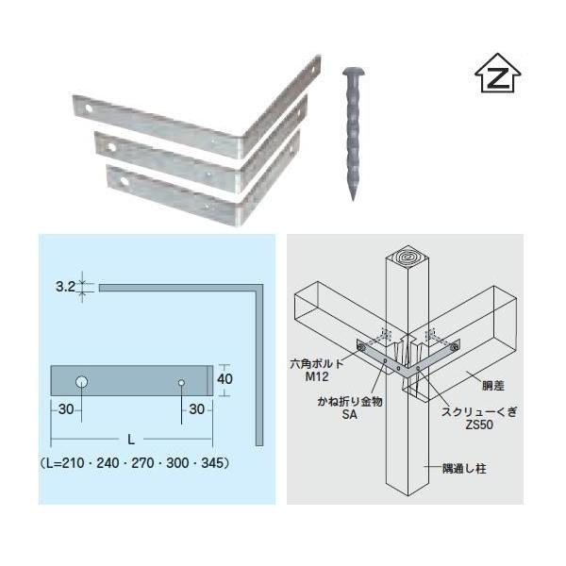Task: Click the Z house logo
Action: pyautogui.click(x=497, y=73)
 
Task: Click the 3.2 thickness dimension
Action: pyautogui.click(x=65, y=287)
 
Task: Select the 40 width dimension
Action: pyautogui.click(x=225, y=379)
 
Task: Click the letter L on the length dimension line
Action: pyautogui.click(x=131, y=440)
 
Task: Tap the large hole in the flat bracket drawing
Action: pyautogui.click(x=82, y=381)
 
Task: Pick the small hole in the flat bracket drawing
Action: pyautogui.click(x=181, y=383)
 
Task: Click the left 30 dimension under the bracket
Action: pyautogui.click(x=66, y=409)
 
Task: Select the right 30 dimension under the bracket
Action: pyautogui.click(x=197, y=409)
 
